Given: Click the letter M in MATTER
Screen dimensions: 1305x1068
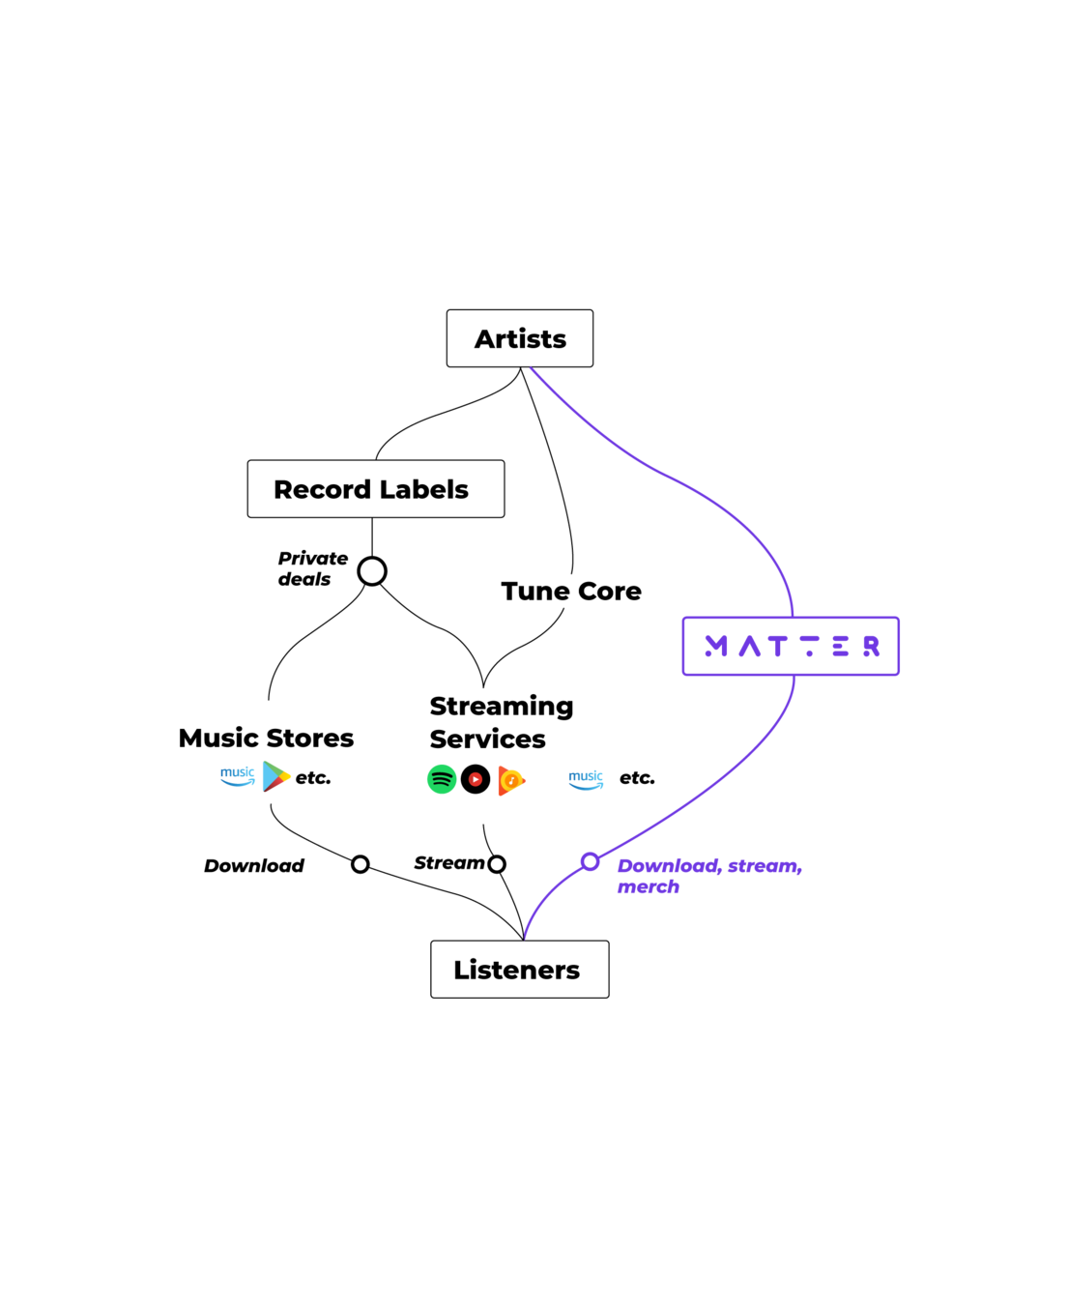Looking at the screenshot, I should tap(716, 647).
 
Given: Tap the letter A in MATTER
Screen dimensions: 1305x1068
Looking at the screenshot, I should tap(750, 647).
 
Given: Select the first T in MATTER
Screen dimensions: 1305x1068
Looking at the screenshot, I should tap(777, 647).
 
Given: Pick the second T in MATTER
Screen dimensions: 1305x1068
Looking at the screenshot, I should tap(810, 647).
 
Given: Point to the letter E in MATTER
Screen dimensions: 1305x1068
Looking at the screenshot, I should tap(841, 647).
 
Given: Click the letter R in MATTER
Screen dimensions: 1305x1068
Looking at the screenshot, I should tap(872, 647).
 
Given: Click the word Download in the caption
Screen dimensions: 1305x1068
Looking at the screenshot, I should tap(668, 866).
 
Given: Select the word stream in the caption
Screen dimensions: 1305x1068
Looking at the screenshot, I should tap(765, 866).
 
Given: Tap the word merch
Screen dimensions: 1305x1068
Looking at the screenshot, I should tap(648, 887).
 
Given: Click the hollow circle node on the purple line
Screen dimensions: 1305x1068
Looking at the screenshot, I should tap(590, 861).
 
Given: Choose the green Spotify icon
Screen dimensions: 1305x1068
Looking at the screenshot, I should tap(442, 779).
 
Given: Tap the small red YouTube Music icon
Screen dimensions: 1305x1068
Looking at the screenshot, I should tap(476, 779).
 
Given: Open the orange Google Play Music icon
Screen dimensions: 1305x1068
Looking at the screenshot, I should tap(511, 780).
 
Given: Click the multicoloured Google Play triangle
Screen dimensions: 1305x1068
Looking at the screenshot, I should tap(275, 776).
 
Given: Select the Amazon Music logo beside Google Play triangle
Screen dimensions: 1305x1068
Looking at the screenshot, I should tap(238, 776).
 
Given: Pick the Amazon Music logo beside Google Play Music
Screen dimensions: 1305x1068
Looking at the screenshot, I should tap(586, 780).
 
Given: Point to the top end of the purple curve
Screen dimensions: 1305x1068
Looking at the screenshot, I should tap(532, 368).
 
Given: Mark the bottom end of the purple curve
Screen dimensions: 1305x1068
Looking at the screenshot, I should tap(525, 938).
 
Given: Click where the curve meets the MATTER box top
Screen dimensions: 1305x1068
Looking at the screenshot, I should tap(794, 616).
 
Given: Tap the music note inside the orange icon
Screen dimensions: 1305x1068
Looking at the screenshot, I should tap(511, 780).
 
